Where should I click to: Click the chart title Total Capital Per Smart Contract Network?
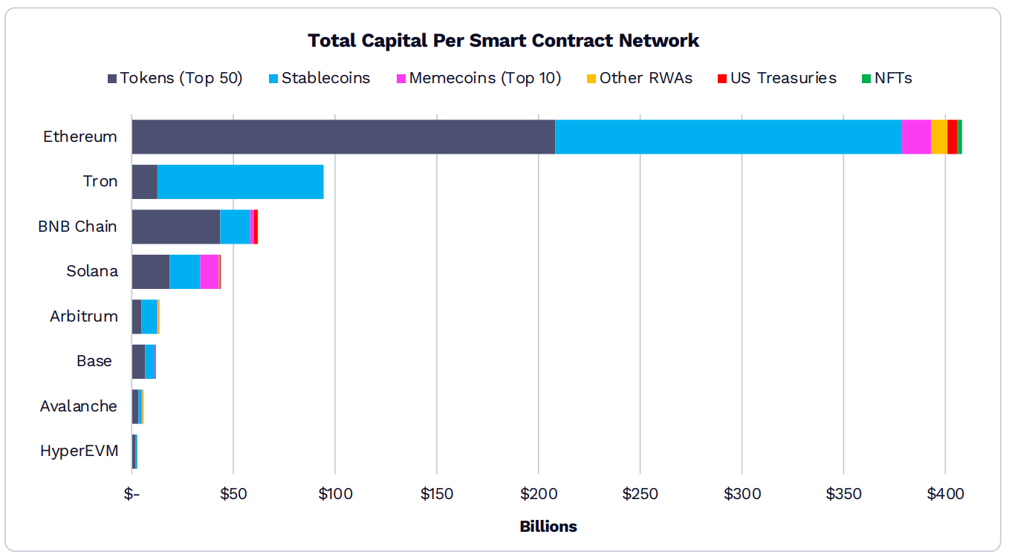[x=503, y=40]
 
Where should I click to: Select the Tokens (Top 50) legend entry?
[x=175, y=78]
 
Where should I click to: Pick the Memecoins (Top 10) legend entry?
[x=478, y=78]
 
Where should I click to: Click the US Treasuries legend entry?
[x=777, y=78]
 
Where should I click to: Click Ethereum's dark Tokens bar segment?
[x=343, y=137]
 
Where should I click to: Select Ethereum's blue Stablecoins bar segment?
[x=728, y=137]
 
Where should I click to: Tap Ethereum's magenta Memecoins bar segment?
[x=916, y=137]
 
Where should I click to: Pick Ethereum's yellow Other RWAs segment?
[x=939, y=137]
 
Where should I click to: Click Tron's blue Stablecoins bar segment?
[x=240, y=182]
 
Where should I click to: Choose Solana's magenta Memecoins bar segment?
[x=210, y=271]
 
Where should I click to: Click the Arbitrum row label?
[x=83, y=316]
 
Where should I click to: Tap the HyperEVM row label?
[x=79, y=451]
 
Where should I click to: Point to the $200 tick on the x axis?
[x=538, y=494]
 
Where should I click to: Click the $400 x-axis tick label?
[x=945, y=494]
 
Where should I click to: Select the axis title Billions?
[x=548, y=527]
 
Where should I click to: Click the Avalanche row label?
[x=78, y=406]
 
